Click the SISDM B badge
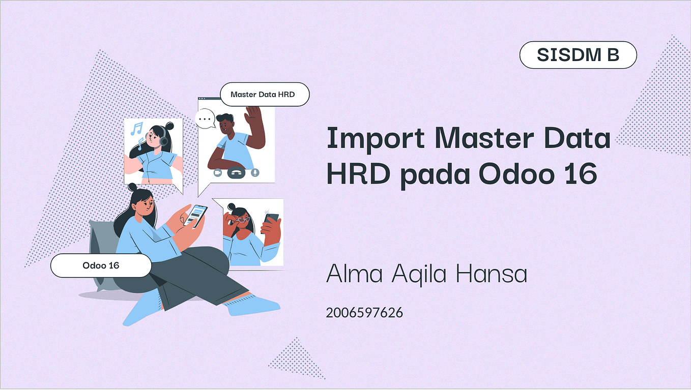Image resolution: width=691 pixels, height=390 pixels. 578,55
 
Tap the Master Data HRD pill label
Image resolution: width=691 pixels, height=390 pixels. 264,94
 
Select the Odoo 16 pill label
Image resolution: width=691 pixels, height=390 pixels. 101,265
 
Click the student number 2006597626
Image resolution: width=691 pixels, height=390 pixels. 364,312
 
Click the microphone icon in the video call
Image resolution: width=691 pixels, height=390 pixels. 255,172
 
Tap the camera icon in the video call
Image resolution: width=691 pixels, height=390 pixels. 217,172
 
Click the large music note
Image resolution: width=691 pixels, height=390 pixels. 136,128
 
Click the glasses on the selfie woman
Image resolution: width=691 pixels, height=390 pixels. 244,219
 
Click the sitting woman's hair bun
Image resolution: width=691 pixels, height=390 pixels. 132,187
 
